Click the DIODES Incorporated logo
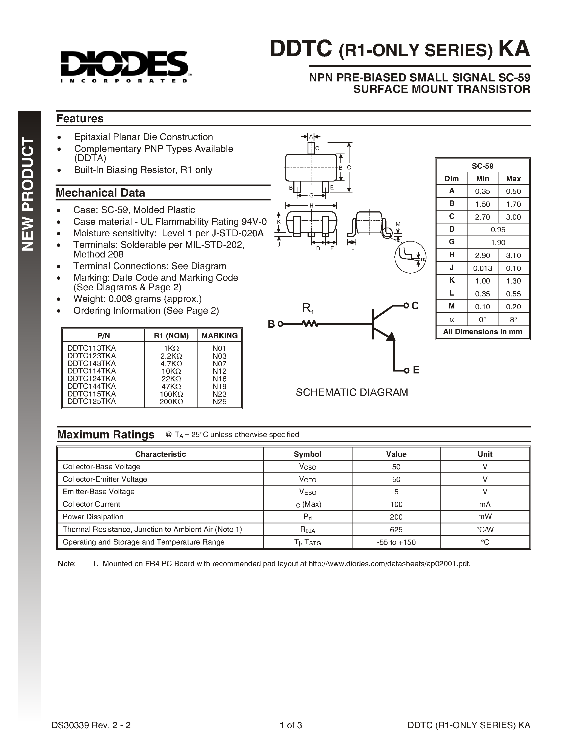[x=124, y=66]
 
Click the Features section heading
[x=80, y=118]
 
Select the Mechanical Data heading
[x=100, y=193]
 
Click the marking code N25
[x=219, y=401]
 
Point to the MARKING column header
[x=220, y=336]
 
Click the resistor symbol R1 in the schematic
[x=309, y=324]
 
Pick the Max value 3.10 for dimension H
[x=513, y=256]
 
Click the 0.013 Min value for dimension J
[x=482, y=268]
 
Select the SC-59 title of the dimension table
[x=482, y=166]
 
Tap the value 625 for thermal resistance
[x=396, y=530]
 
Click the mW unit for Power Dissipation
[x=485, y=517]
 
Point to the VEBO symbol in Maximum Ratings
[x=307, y=492]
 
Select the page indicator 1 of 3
[x=291, y=725]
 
